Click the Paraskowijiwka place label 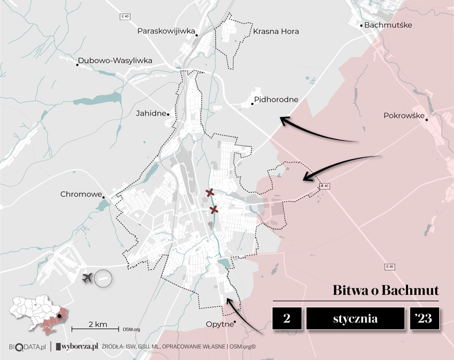click(166, 31)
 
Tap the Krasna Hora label click(276, 31)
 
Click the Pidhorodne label click(276, 100)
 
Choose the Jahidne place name click(151, 113)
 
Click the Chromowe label click(80, 194)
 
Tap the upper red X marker click(210, 193)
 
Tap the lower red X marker click(214, 210)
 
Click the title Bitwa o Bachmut click(385, 290)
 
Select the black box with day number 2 click(286, 319)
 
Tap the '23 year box click(423, 319)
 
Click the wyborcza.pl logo click(77, 345)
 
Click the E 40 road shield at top click(125, 16)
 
